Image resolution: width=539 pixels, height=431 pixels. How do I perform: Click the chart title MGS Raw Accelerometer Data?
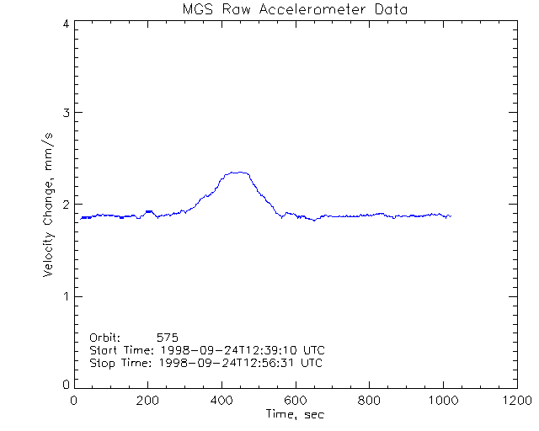(294, 9)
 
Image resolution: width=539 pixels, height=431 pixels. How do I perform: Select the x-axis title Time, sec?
(294, 414)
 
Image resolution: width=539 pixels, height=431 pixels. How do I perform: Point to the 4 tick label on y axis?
(65, 24)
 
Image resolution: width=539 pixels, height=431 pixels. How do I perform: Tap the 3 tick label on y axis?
(65, 113)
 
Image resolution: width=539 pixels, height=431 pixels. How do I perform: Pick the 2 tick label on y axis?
(65, 204)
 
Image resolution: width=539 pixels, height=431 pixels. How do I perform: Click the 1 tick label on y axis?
(65, 296)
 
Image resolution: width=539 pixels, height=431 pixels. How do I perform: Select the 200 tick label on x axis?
(147, 401)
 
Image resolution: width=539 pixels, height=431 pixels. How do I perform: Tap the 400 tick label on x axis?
(221, 401)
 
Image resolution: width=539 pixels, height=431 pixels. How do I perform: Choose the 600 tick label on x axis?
(295, 401)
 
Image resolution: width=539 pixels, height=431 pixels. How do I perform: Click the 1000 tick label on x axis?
(441, 401)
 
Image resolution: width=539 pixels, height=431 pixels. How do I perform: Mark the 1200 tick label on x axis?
(515, 401)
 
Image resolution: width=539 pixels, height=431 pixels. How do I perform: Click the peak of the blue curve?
(239, 172)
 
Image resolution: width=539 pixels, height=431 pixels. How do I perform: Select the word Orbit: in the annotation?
(105, 337)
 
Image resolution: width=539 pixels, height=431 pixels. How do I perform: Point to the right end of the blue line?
(451, 216)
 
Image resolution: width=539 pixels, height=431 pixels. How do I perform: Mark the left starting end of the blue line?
(81, 218)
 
